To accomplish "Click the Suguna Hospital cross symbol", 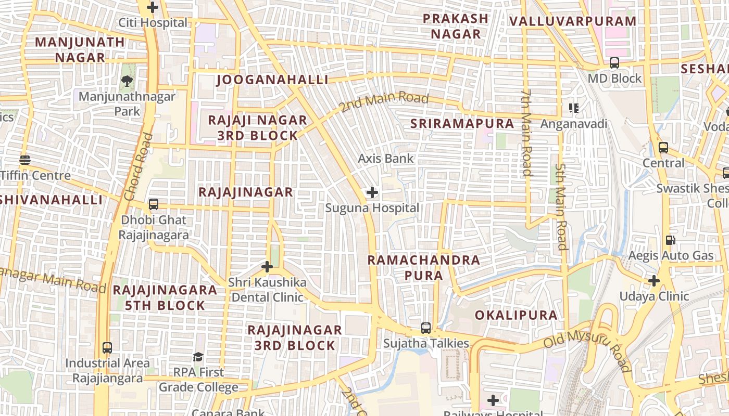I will [x=372, y=193].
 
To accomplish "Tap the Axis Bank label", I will [x=386, y=159].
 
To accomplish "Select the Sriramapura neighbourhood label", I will [x=462, y=124].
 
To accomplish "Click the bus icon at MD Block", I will [x=614, y=63].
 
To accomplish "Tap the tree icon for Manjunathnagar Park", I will [x=127, y=81].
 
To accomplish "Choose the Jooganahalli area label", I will [x=272, y=80].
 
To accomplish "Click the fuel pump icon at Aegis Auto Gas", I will [x=671, y=240].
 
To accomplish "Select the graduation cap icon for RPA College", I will [x=198, y=357].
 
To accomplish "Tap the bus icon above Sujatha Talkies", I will [x=426, y=328].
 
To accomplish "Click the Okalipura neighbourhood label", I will [x=516, y=315].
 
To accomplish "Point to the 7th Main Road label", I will [x=526, y=132].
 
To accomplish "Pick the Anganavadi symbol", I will [x=574, y=108].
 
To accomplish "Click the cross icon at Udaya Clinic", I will [x=654, y=281].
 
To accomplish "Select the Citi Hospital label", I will [x=153, y=23].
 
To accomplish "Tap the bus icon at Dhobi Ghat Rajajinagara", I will [x=154, y=204].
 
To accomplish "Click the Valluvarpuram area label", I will [x=573, y=21].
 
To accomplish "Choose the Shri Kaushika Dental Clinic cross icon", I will [x=267, y=267].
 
